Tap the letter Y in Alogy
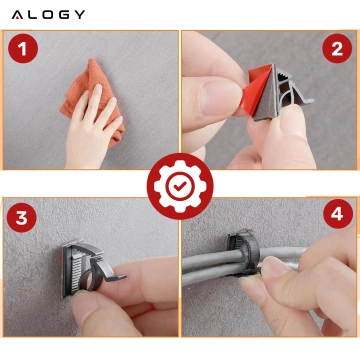coord(79,15)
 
